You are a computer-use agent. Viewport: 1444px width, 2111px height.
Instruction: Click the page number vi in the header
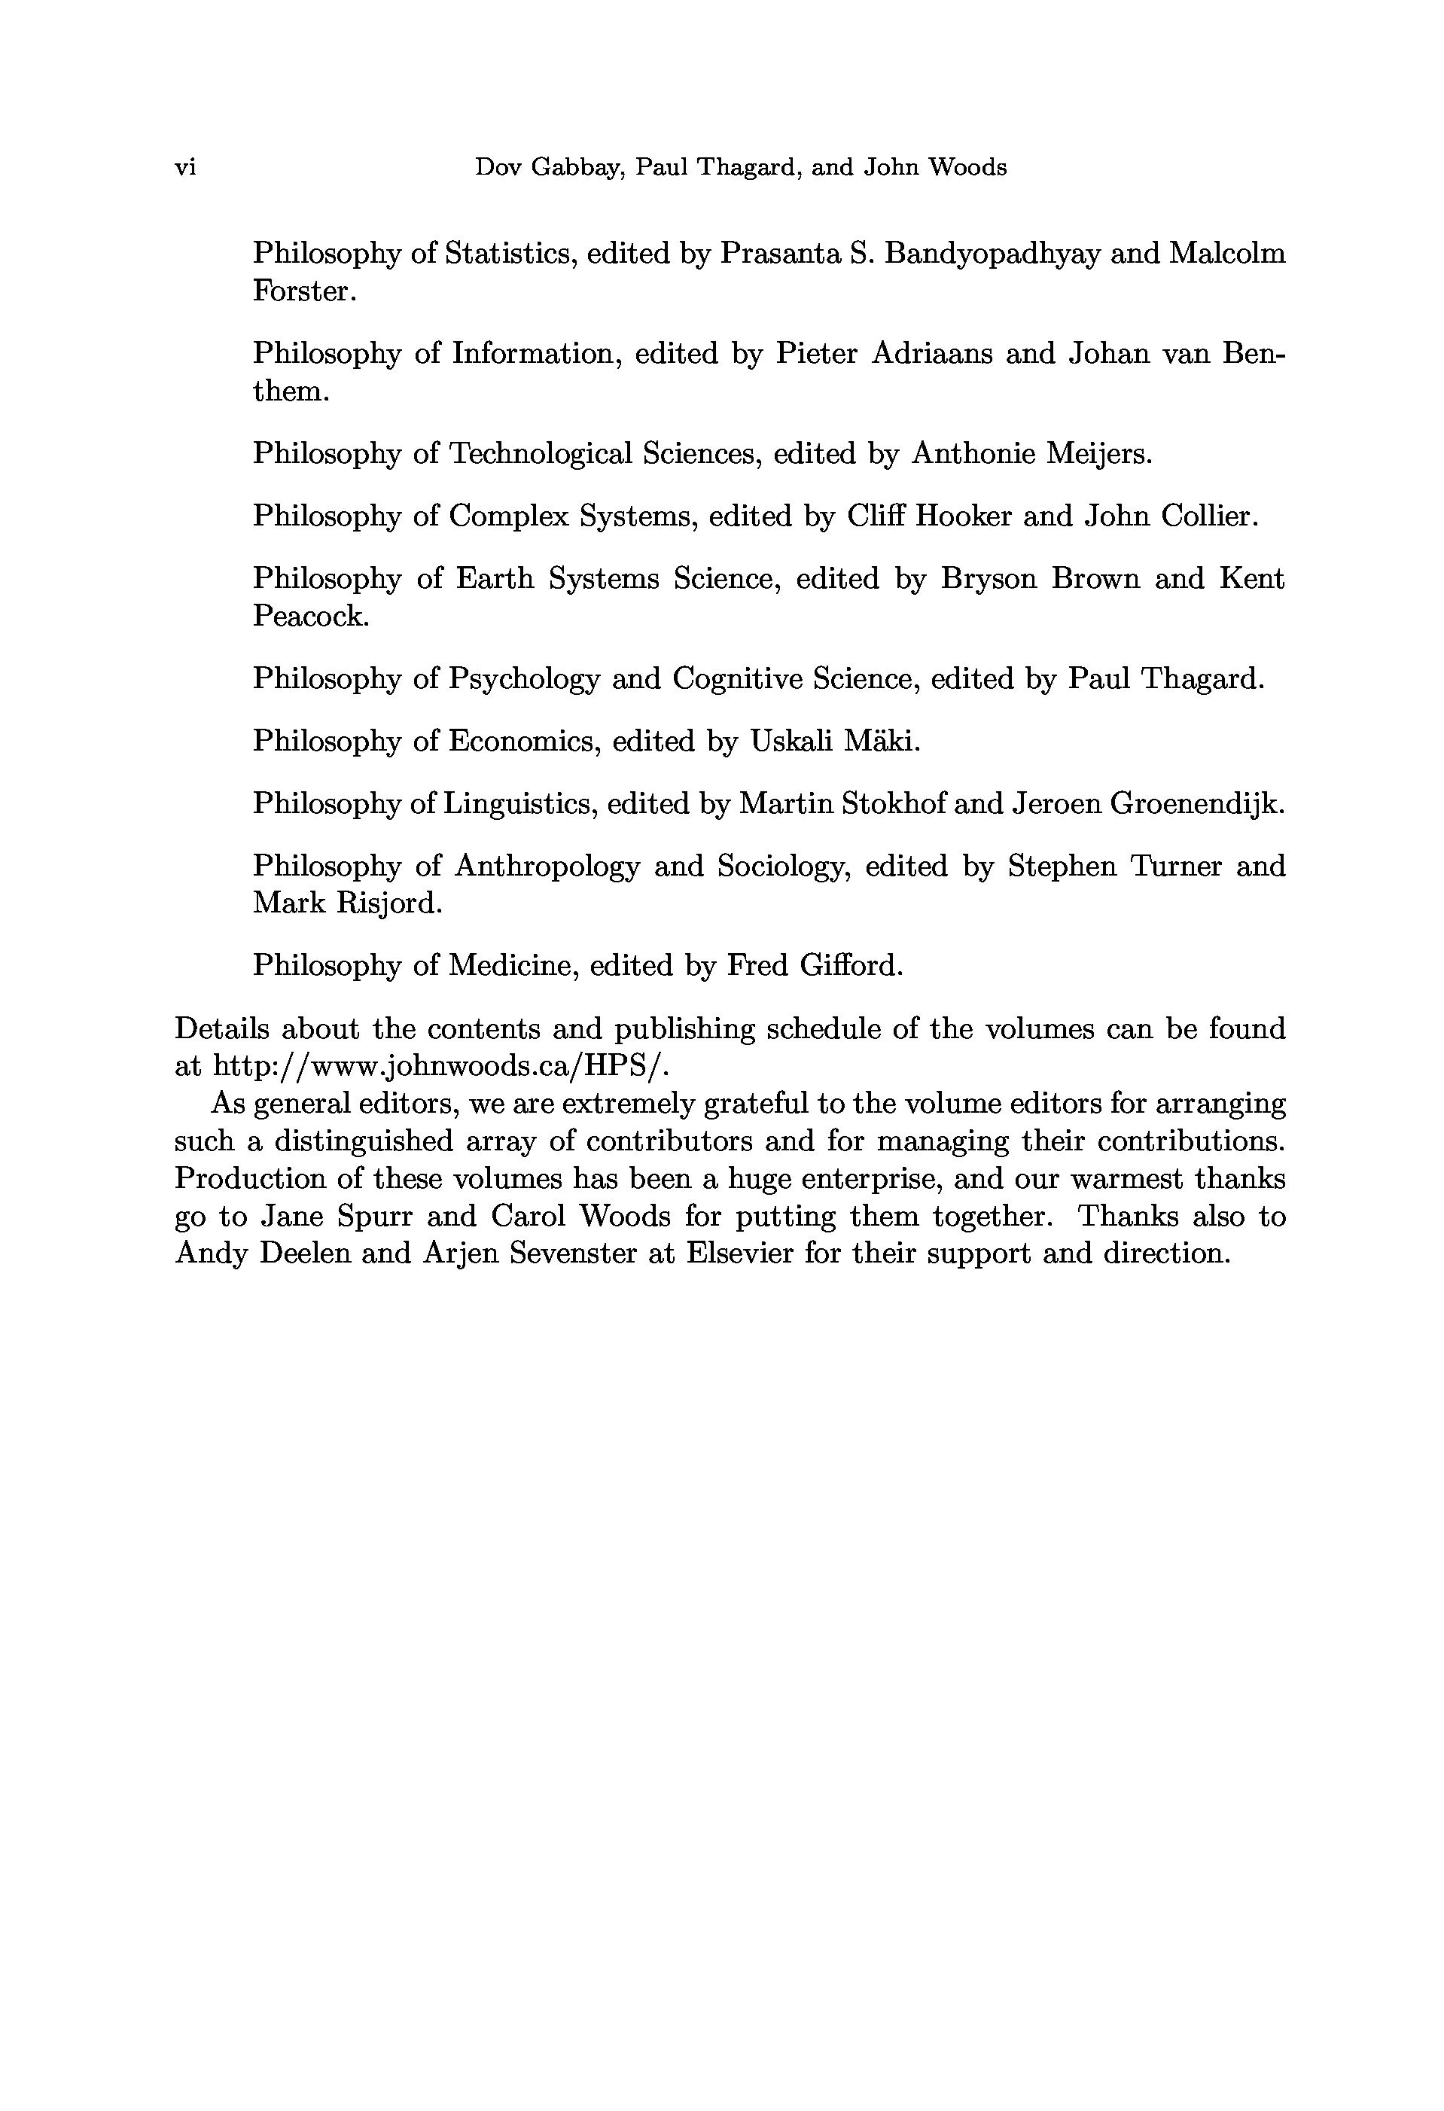[185, 168]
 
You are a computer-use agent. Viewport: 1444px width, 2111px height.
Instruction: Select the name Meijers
[1099, 453]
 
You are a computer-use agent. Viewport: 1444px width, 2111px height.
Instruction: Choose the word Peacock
[311, 616]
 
